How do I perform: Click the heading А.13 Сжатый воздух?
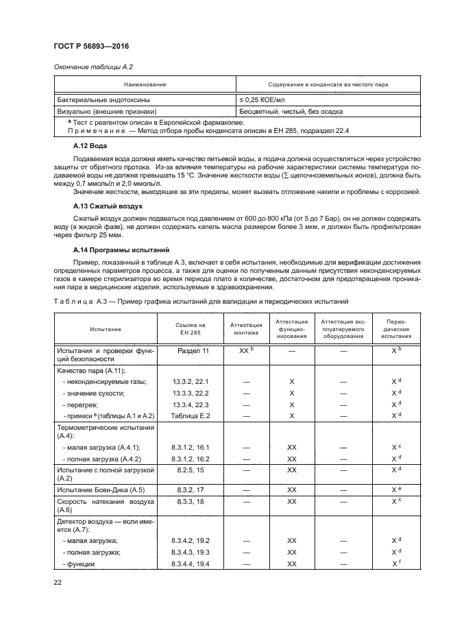pos(107,206)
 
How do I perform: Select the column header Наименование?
pos(144,84)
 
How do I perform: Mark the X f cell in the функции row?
pos(395,564)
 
